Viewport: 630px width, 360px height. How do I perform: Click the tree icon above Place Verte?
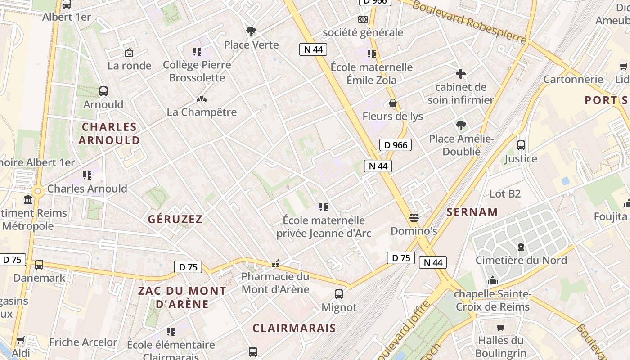click(x=251, y=31)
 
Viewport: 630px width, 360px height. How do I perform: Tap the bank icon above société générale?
click(x=363, y=19)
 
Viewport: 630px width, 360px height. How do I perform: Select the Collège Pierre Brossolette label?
click(x=197, y=71)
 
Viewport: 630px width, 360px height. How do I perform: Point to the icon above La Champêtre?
click(x=202, y=99)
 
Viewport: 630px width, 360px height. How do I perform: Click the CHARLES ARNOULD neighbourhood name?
click(x=109, y=134)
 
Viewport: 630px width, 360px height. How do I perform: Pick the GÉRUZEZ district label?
click(x=175, y=219)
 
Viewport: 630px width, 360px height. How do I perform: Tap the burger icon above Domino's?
click(x=414, y=218)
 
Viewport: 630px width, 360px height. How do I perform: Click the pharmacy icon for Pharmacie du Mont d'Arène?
click(x=275, y=264)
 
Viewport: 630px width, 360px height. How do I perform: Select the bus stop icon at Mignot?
click(x=339, y=294)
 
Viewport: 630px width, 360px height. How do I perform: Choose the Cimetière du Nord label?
click(x=521, y=260)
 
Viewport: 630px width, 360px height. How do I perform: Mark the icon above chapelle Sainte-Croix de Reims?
click(x=493, y=281)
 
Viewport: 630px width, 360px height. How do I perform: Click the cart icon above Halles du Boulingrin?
click(x=500, y=327)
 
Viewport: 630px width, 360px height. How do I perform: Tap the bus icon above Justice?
click(x=521, y=145)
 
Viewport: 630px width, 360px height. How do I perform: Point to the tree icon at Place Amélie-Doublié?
click(x=461, y=126)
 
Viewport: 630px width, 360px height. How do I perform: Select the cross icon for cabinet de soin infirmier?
click(x=461, y=74)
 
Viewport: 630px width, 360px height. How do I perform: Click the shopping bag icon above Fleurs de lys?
click(x=393, y=103)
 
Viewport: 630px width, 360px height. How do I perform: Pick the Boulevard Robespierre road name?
click(x=469, y=21)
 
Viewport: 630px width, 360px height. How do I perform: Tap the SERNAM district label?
click(x=472, y=212)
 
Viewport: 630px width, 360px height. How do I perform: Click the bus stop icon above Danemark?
click(x=39, y=265)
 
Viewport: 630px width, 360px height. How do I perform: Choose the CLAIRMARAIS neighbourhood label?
click(x=294, y=328)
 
